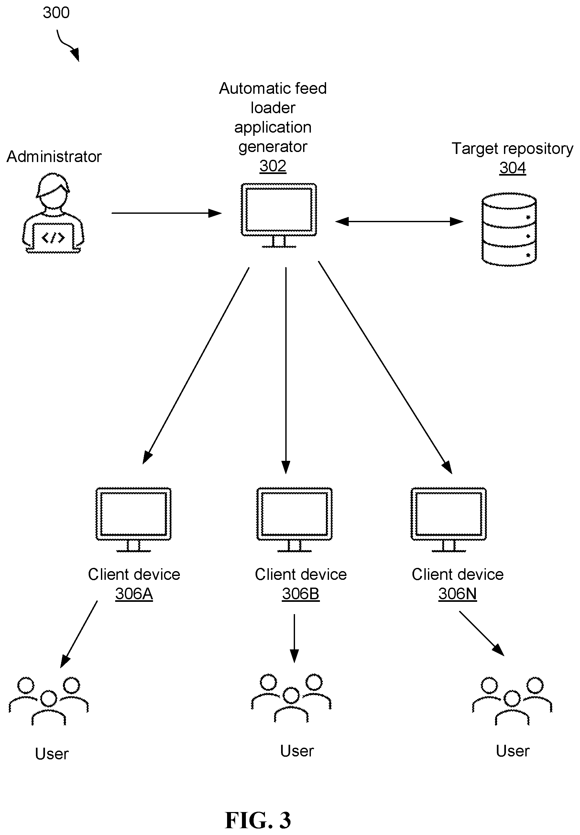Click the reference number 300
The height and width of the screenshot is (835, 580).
coord(56,13)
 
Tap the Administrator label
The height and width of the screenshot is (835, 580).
coord(54,157)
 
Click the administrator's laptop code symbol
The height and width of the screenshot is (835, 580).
coord(53,238)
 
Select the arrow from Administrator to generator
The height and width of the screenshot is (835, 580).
coord(167,213)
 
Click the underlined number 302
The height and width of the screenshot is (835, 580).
coord(273,166)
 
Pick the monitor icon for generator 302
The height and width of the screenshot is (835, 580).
coord(279,215)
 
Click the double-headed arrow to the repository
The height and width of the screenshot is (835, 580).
coord(399,221)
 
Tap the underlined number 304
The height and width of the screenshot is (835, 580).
coord(512,168)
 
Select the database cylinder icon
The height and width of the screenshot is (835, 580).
coord(509,229)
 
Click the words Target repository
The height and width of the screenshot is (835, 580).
coord(512,148)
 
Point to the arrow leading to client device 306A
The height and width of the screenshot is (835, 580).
coord(196,366)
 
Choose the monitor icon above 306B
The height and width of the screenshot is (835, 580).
coord(294,520)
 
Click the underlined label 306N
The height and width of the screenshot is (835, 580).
coord(457,594)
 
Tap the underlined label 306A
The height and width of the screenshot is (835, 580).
coord(134,594)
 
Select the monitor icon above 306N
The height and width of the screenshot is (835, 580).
coord(448,520)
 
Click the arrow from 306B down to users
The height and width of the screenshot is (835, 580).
coord(294,638)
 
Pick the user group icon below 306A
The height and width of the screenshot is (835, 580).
coord(49,701)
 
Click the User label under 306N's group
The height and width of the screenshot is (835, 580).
coord(512,751)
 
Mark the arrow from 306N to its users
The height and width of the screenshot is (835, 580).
coord(482,634)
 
